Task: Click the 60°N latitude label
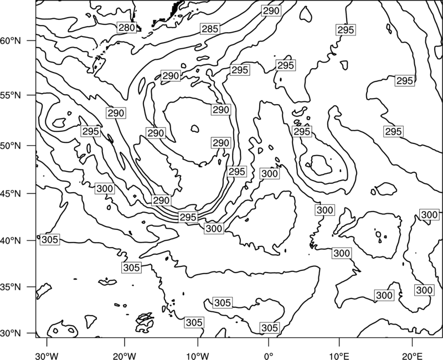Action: click(11, 40)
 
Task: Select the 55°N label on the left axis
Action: click(11, 95)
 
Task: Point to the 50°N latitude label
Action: click(11, 146)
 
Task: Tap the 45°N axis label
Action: click(11, 193)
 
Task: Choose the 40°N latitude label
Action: click(11, 241)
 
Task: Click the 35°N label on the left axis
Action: click(11, 287)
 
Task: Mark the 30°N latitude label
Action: click(11, 333)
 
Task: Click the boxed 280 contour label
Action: click(127, 28)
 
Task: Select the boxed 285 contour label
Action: click(210, 29)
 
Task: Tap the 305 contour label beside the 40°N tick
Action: click(50, 240)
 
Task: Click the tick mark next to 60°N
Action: click(32, 40)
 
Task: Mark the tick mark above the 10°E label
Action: click(339, 342)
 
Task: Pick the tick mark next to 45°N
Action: click(32, 193)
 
